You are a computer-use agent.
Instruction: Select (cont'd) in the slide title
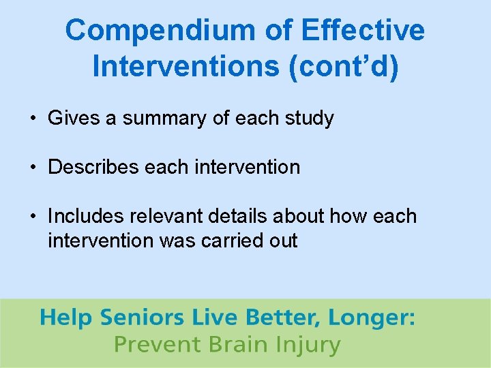pyautogui.click(x=344, y=67)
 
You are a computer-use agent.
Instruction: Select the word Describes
pyautogui.click(x=93, y=167)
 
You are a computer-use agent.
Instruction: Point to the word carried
pyautogui.click(x=229, y=241)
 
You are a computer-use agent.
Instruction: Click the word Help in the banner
pyautogui.click(x=66, y=318)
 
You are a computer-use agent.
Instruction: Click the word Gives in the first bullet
pyautogui.click(x=74, y=118)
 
